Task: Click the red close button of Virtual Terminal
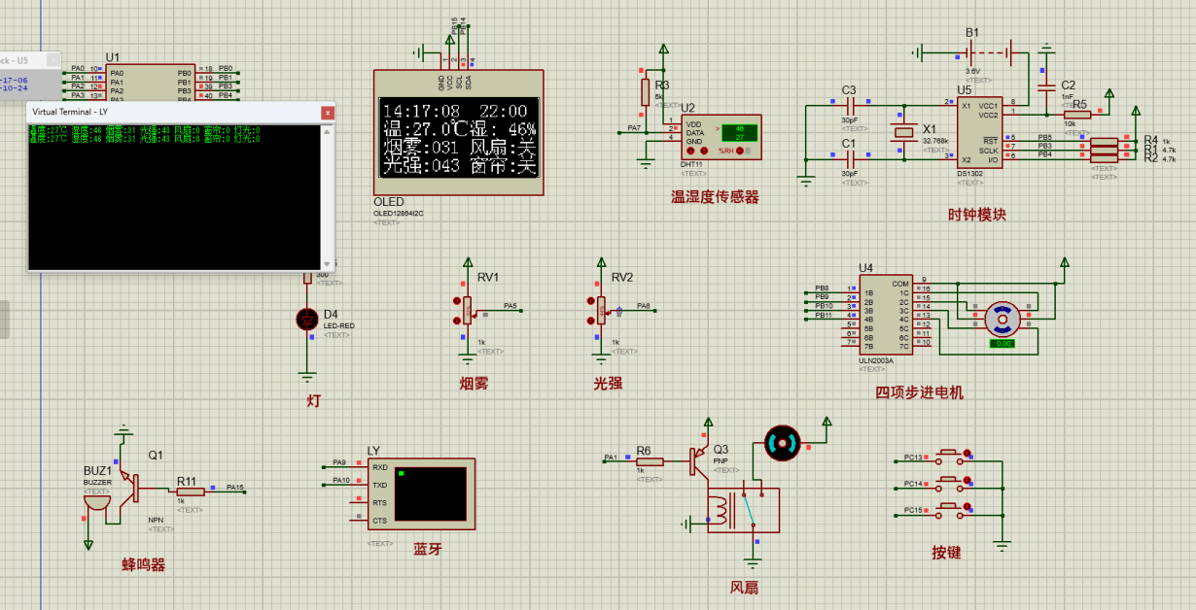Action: coord(328,113)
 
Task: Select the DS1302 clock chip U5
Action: coord(978,131)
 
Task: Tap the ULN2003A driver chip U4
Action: coord(885,316)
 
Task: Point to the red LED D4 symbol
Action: coord(308,319)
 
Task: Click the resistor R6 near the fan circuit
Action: coord(650,462)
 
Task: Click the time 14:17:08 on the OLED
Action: coord(421,112)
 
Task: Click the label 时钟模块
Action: coord(977,215)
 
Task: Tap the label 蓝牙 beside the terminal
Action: coord(427,549)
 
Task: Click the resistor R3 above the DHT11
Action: coord(645,91)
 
